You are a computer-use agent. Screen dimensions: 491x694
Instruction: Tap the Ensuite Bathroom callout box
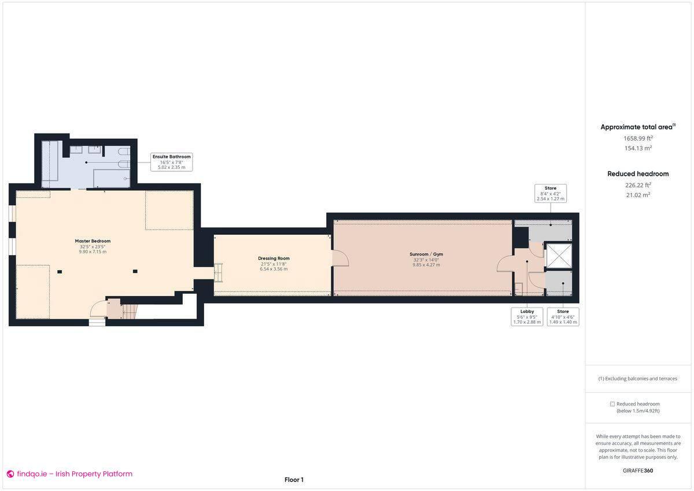171,162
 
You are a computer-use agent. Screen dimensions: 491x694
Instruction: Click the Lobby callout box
527,316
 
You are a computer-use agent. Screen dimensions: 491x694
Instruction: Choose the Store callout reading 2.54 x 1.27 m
550,193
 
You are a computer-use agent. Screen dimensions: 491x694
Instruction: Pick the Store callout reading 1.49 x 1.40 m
563,316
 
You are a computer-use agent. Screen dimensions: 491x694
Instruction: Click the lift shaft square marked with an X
559,256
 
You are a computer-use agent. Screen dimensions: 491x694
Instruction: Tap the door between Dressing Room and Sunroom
339,258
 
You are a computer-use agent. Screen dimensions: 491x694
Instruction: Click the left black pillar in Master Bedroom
59,271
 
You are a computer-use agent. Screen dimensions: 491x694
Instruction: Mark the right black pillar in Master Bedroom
135,271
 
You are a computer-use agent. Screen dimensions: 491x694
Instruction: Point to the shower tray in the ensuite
111,178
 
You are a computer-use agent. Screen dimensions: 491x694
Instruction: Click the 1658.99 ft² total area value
638,138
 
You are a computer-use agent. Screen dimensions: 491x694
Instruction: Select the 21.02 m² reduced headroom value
638,195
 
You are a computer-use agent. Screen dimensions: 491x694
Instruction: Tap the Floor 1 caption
294,479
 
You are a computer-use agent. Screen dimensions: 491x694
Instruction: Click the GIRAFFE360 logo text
638,470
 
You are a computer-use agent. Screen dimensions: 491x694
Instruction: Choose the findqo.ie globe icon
10,474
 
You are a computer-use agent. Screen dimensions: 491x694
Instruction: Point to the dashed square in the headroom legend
612,404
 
